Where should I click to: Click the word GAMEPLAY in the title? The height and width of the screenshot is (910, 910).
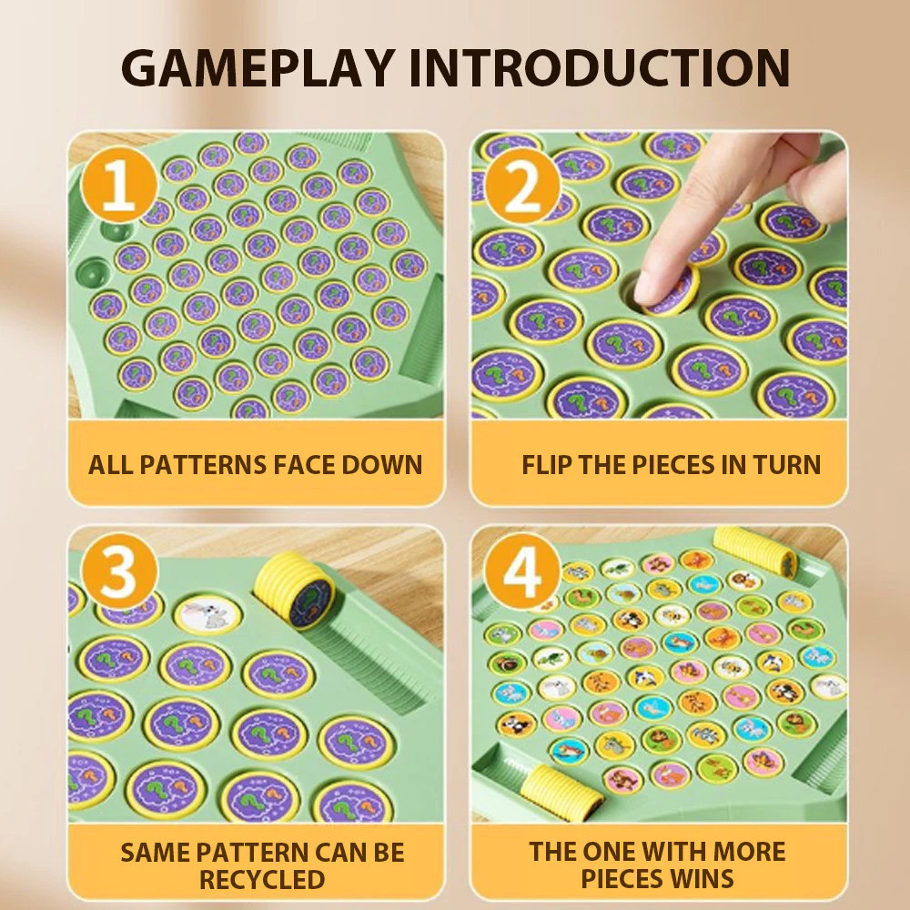pos(258,68)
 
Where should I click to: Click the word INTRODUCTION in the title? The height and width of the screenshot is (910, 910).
pos(599,68)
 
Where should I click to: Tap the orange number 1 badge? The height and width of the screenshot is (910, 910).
pos(119,185)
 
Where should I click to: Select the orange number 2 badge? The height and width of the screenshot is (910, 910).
pos(522,185)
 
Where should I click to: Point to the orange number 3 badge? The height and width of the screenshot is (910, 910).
pos(119,571)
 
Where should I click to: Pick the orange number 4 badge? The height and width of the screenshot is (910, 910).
pos(522,571)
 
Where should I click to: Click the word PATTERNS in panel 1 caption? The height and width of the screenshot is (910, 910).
pos(203,465)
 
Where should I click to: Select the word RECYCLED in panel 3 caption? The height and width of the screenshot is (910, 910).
pos(262,880)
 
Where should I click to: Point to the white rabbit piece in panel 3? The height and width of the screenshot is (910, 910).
pos(207,614)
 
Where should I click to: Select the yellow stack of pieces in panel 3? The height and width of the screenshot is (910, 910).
pos(295,590)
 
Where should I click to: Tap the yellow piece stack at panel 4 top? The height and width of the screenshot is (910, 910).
pos(755,549)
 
